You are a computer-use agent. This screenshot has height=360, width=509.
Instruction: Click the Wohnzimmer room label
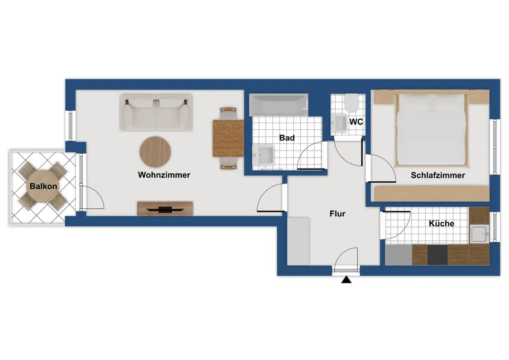(164, 175)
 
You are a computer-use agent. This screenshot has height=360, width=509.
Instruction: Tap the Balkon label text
(43, 186)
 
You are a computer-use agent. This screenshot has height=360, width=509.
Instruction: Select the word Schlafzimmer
(438, 175)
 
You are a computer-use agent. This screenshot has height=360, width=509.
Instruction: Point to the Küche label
(442, 223)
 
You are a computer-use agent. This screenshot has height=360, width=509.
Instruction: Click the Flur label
(337, 214)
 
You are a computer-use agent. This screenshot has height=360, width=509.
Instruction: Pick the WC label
(356, 122)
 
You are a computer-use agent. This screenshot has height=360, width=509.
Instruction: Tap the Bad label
(287, 138)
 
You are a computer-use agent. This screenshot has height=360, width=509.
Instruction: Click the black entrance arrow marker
(346, 279)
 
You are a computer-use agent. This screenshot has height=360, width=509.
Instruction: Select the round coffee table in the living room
(155, 152)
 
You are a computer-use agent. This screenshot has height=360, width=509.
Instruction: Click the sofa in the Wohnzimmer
(156, 112)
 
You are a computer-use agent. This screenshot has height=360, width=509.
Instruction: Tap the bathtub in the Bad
(278, 105)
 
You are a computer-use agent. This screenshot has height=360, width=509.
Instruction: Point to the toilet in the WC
(351, 102)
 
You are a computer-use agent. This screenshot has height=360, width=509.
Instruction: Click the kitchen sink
(480, 234)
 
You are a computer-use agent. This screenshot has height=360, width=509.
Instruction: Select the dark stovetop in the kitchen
(437, 255)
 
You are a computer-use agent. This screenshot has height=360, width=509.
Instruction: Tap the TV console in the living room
(165, 208)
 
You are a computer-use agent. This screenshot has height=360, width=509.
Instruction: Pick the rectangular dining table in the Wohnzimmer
(228, 138)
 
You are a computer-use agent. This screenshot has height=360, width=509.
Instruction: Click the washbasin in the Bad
(264, 155)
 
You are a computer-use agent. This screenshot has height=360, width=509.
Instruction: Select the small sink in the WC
(339, 123)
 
